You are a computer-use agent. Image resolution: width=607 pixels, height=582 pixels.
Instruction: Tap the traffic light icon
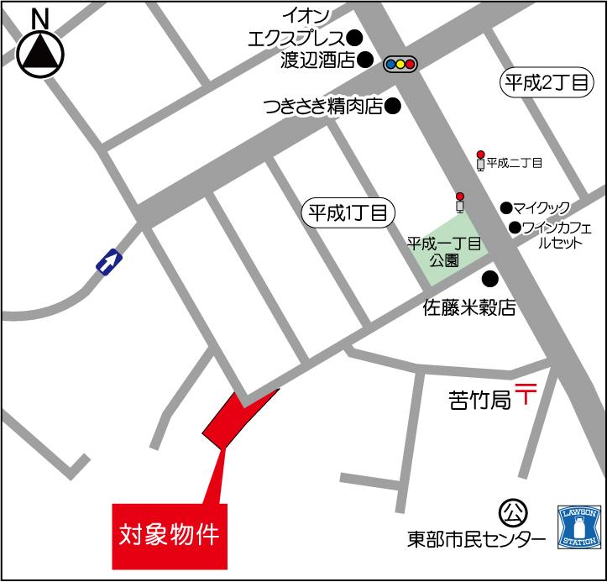[x=400, y=63]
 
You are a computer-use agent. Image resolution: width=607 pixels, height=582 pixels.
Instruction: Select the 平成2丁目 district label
[x=547, y=82]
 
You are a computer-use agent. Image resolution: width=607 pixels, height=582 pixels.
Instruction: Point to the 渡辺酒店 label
[x=317, y=60]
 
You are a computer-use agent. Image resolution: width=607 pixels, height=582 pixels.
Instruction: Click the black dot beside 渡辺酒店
[x=365, y=60]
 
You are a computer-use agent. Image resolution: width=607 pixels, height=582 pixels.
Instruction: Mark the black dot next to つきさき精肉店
[x=391, y=107]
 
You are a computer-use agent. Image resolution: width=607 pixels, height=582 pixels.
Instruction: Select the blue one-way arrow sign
[x=108, y=263]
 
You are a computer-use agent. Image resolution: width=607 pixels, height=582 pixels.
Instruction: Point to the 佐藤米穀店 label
[x=468, y=308]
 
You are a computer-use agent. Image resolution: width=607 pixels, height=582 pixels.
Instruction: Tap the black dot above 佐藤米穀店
[x=489, y=280]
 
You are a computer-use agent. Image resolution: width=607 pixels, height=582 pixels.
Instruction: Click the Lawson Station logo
[x=578, y=527]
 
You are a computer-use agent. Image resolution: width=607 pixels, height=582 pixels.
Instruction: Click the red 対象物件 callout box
[x=170, y=534]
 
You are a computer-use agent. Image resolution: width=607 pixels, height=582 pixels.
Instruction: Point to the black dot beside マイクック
[x=505, y=207]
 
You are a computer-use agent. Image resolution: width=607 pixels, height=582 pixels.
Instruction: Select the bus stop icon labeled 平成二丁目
[x=480, y=161]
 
